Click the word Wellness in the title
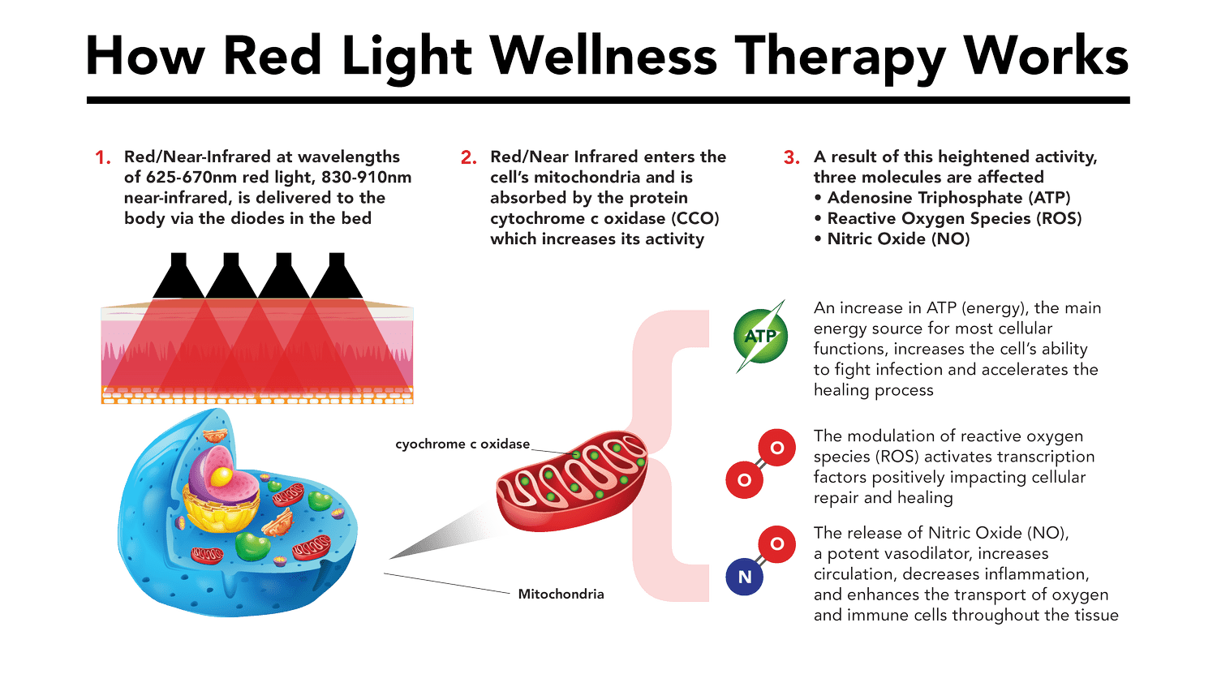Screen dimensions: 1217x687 (604, 55)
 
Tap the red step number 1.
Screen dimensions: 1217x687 (103, 157)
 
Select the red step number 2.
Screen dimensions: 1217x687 (468, 157)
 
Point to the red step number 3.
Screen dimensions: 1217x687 (792, 157)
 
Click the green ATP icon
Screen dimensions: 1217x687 (760, 336)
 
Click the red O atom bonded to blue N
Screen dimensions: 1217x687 (777, 544)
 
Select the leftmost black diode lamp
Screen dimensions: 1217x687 (178, 275)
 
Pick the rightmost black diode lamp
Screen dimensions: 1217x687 (337, 275)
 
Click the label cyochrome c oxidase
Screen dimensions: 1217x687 (462, 444)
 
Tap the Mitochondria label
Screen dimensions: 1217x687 (561, 595)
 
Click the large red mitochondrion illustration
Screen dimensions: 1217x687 (571, 481)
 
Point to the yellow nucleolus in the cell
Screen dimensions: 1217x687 (221, 477)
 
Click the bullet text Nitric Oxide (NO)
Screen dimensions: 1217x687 (898, 239)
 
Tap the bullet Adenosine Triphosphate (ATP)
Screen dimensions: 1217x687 (948, 198)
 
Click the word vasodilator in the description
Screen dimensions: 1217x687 (928, 553)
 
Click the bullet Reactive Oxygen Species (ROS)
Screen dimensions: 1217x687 (954, 218)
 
